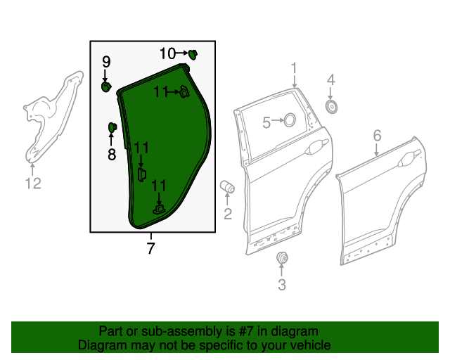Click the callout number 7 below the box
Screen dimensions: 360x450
150,248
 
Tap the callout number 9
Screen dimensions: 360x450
106,62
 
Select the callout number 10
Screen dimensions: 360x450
167,53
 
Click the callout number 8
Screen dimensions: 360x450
111,154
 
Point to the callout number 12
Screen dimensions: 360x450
33,184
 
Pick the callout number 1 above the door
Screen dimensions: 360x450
295,68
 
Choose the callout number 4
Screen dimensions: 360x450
331,79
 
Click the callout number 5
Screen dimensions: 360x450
266,122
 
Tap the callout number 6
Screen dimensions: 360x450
377,135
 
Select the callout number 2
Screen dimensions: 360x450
228,213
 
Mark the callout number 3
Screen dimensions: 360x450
282,284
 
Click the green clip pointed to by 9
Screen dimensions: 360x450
106,86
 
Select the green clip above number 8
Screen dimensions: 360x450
111,127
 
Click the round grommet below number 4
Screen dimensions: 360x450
331,105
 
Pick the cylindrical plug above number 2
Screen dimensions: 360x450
228,187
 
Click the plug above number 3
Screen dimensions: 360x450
282,257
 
